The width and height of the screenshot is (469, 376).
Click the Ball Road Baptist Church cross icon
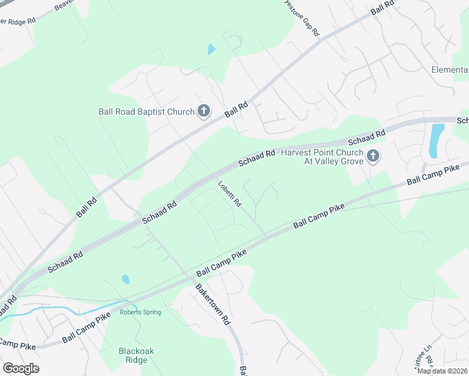(x=203, y=112)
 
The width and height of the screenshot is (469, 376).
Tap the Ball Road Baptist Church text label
(x=147, y=112)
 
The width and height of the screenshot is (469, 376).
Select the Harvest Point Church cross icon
(x=373, y=156)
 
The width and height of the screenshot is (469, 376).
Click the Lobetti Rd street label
(x=230, y=194)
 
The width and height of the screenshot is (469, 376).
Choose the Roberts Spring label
(x=140, y=312)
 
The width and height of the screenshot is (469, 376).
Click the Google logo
(x=21, y=368)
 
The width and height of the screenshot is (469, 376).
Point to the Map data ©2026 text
(x=442, y=371)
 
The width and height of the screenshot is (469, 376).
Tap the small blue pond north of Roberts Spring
(x=125, y=279)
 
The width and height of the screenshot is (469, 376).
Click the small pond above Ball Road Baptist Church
(x=211, y=49)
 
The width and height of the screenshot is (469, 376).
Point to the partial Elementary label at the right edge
(x=450, y=70)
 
